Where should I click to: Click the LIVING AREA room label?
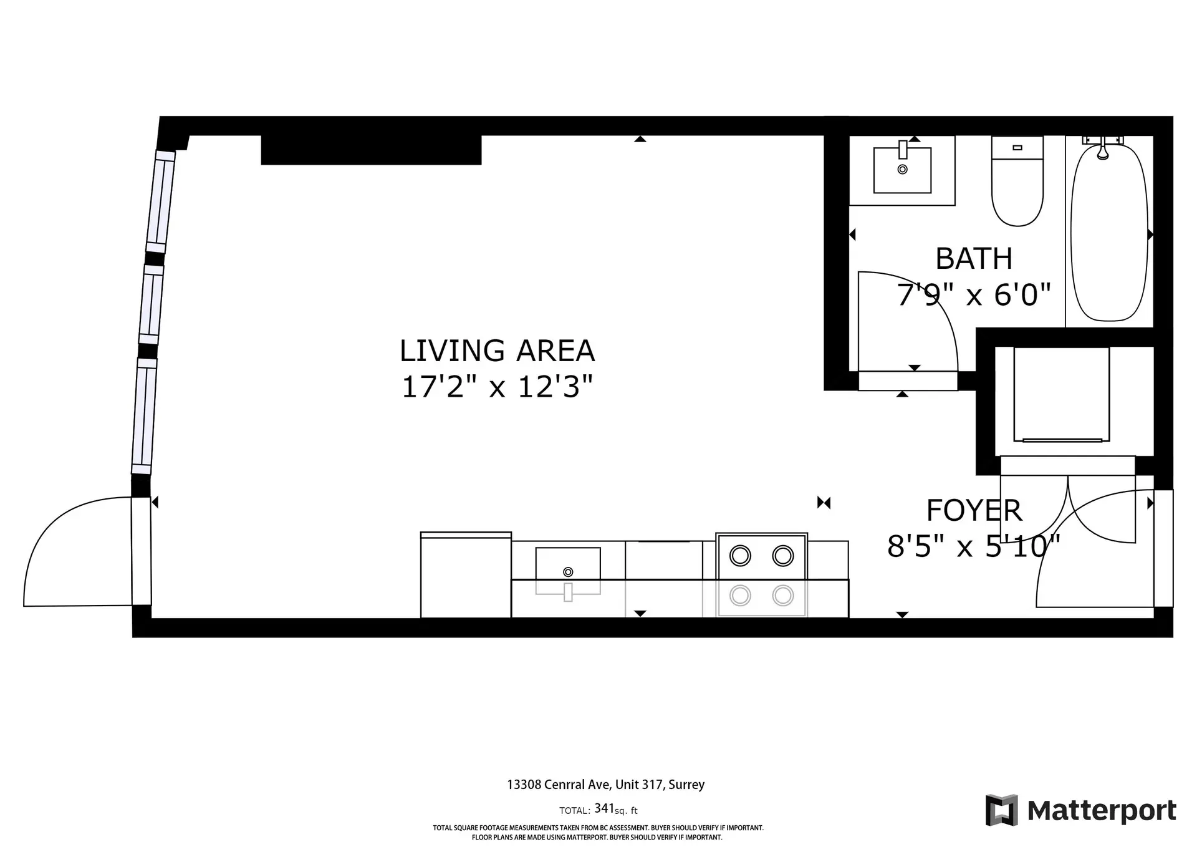(497, 351)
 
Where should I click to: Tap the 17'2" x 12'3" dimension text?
(497, 387)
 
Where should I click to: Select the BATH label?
(974, 259)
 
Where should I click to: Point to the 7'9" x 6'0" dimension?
(974, 294)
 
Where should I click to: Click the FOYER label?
(974, 511)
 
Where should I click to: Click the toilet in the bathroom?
(1017, 187)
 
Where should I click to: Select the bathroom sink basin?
(902, 170)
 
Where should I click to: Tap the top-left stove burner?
(740, 555)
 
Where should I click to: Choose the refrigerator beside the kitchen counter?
(466, 575)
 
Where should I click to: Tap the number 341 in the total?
(604, 808)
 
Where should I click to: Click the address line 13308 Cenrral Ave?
(605, 785)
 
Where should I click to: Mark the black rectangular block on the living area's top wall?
(371, 150)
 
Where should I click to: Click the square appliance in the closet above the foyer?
(1062, 394)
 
